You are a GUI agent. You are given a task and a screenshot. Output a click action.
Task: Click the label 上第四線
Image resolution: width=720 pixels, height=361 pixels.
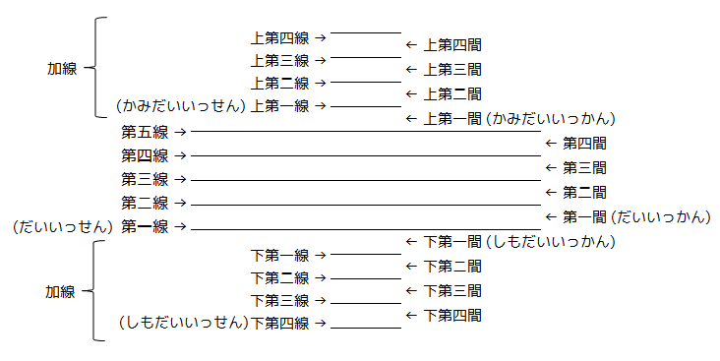[x=280, y=38]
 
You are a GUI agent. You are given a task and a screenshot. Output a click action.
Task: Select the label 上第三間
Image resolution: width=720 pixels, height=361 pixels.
[x=452, y=69]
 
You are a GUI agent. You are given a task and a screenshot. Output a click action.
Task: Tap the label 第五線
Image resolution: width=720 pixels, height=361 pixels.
[x=145, y=131]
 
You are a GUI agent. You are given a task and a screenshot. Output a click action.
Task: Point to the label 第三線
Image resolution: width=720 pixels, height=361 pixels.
[x=145, y=179]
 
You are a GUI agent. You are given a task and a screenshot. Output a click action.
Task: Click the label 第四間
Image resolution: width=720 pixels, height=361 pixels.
[x=584, y=143]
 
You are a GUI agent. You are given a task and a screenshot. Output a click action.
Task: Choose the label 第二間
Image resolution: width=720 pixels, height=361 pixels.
[x=584, y=192]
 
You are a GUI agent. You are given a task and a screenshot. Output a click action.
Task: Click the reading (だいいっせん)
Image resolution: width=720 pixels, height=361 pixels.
[x=62, y=226]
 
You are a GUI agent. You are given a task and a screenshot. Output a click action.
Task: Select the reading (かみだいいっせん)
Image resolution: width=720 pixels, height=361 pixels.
[x=180, y=105]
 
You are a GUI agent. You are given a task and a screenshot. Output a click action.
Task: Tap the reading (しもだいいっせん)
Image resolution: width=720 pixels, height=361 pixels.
[x=183, y=323]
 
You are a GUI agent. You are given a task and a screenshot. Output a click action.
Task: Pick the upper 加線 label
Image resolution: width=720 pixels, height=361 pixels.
[x=62, y=69]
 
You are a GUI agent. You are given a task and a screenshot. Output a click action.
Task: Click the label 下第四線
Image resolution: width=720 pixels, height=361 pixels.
[x=280, y=323]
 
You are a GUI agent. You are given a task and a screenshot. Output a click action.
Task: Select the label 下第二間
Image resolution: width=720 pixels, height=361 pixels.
[x=452, y=266]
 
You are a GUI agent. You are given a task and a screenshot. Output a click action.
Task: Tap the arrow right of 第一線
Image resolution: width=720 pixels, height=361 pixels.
[x=181, y=227]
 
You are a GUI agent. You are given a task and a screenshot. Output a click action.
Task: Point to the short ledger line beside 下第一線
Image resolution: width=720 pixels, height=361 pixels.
[x=365, y=254]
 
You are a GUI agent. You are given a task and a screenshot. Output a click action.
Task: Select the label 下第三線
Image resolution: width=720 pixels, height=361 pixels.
[x=280, y=300]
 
